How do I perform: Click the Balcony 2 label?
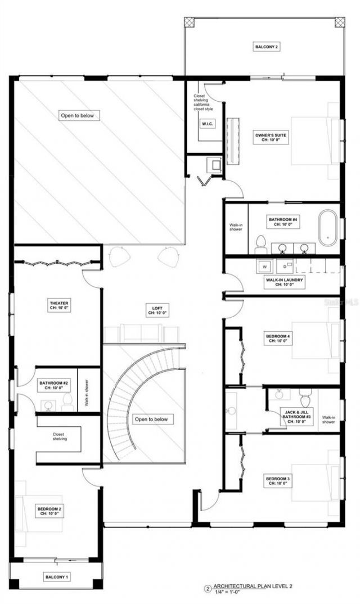pos(265,47)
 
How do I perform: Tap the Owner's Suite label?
pos(271,137)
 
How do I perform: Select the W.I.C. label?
pos(207,123)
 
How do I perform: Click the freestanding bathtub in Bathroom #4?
pos(328,227)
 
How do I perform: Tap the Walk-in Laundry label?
pos(285,281)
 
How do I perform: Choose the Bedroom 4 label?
pos(277,338)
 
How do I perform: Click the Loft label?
pos(157,310)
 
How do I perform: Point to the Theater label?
pos(58,305)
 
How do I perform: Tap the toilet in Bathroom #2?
pos(67,401)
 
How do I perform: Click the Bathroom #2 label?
pos(54,385)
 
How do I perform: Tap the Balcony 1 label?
pos(56,577)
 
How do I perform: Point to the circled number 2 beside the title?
pos(208,589)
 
